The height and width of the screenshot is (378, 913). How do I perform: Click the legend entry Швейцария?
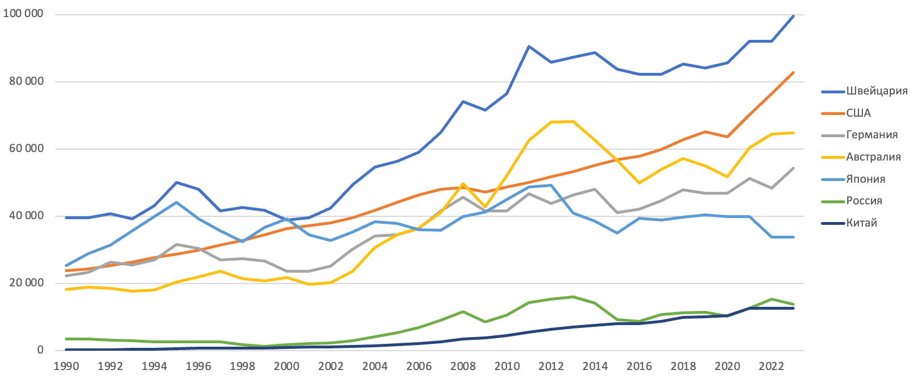point(877,91)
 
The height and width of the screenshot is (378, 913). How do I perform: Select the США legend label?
point(858,113)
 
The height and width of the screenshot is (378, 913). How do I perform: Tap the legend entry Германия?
point(872,135)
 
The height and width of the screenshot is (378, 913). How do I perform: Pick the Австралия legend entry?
point(873,157)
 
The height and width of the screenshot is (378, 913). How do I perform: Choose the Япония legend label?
point(865,179)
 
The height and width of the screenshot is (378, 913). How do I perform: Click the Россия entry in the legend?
point(864,201)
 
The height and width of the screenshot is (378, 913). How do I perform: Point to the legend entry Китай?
point(861,223)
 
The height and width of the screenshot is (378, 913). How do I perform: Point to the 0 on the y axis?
point(40,350)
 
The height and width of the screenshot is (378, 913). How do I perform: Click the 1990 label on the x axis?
point(66,366)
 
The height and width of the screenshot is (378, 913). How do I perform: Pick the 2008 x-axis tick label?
point(463,366)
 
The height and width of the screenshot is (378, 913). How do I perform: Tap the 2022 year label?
point(771,366)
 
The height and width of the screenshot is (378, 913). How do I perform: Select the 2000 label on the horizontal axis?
point(287,366)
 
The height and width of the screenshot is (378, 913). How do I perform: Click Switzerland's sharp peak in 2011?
point(529,46)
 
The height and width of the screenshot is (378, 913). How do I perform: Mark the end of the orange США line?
point(793,72)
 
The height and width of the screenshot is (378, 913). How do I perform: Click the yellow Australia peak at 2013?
point(572,121)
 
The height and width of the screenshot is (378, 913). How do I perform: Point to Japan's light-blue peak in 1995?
point(176,202)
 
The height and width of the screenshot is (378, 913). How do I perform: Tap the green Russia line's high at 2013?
point(572,297)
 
